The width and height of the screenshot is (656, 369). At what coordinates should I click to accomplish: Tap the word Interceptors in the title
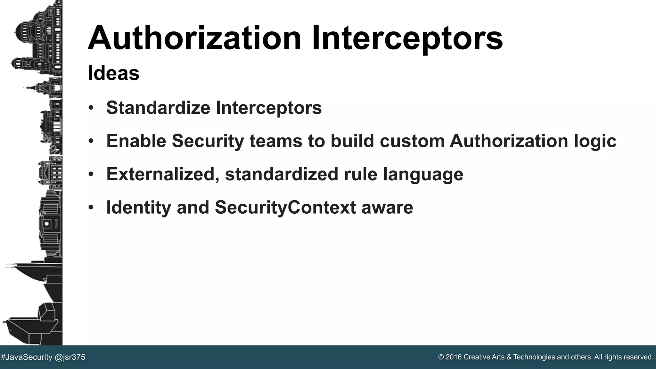[x=407, y=38]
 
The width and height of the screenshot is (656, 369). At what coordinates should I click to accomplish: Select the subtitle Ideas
[x=113, y=73]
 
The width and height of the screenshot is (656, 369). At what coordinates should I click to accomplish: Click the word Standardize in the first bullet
[x=158, y=108]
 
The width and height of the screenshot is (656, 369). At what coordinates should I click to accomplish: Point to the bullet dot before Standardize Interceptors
[x=91, y=108]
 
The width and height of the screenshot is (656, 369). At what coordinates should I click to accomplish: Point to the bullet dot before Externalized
[x=91, y=175]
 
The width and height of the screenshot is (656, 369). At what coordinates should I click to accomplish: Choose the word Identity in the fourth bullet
[x=139, y=208]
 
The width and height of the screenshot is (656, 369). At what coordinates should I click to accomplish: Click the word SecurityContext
[x=285, y=208]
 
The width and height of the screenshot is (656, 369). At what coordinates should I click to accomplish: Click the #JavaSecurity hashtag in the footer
[x=27, y=357]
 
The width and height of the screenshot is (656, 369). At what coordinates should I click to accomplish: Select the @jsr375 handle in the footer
[x=70, y=357]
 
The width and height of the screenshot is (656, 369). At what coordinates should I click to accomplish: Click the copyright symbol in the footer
[x=441, y=357]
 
